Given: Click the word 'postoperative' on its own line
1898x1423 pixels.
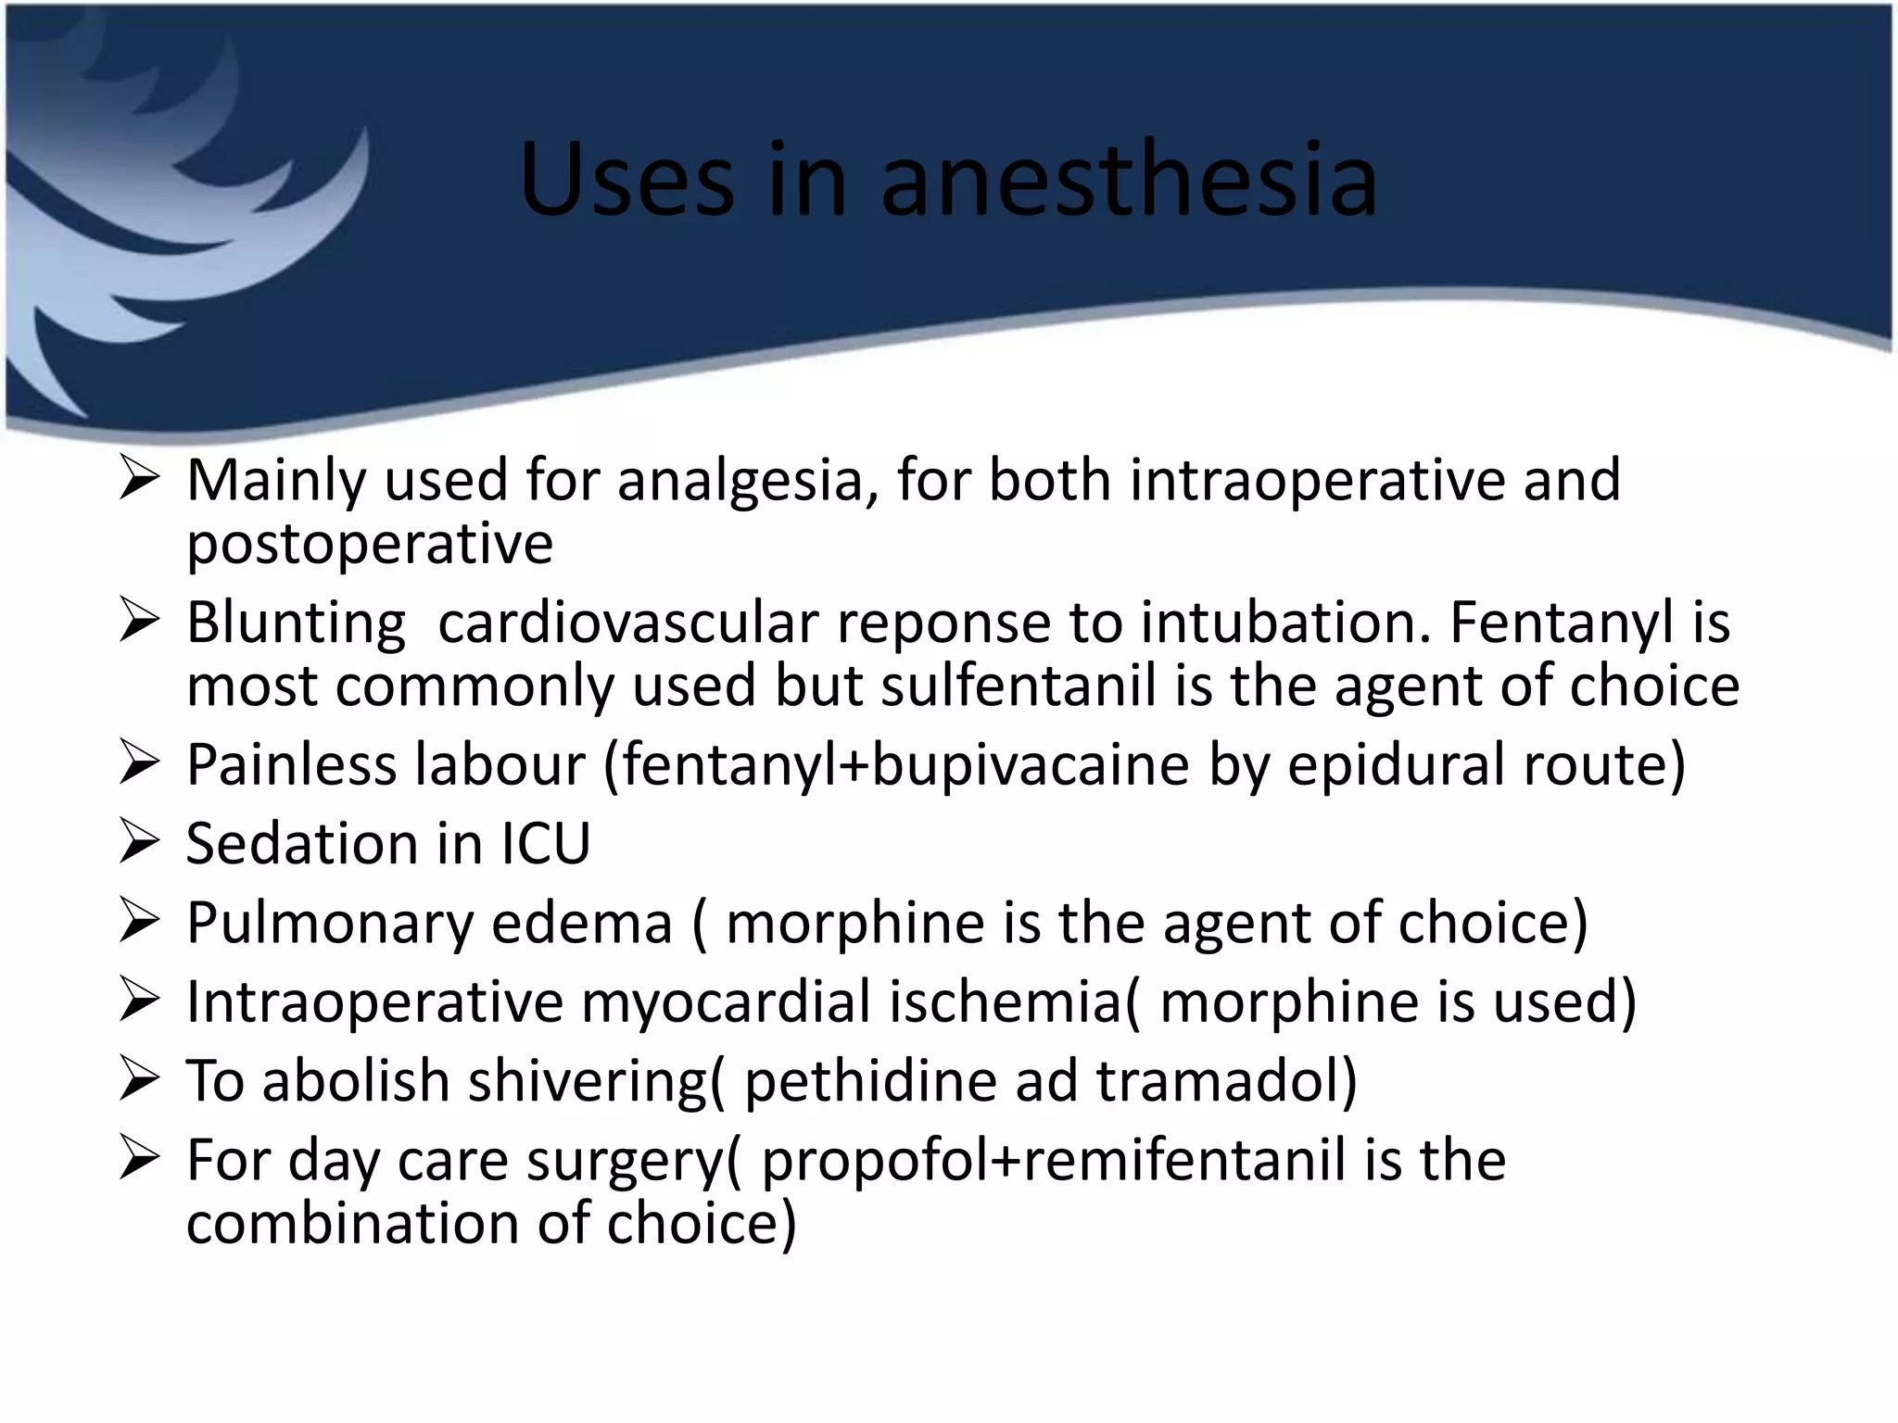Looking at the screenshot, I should tap(370, 544).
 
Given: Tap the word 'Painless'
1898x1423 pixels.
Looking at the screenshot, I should tap(293, 765).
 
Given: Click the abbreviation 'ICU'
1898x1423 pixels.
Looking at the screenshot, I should tap(545, 844).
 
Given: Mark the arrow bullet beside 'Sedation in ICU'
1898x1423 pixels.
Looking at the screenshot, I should tap(141, 844).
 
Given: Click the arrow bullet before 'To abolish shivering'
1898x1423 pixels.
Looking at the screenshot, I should tap(141, 1081).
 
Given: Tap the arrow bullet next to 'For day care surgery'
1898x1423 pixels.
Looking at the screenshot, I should tap(141, 1160).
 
